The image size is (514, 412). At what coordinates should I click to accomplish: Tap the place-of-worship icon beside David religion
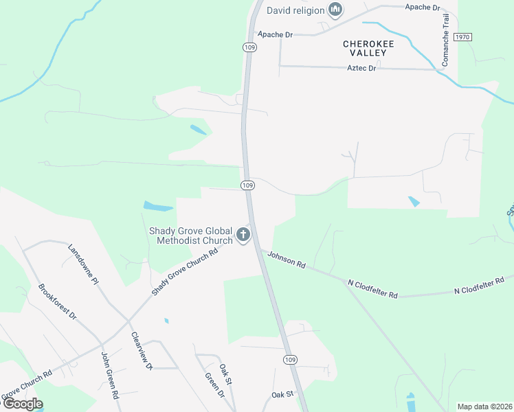pos(335,10)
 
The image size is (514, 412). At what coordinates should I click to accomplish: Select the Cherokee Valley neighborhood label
pos(369,48)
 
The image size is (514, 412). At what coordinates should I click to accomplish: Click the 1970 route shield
pos(462,37)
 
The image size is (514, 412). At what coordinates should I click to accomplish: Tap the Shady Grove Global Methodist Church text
pos(191,236)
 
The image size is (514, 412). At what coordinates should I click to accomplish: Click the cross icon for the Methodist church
pos(243,236)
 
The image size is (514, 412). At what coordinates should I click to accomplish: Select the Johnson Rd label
pos(286,259)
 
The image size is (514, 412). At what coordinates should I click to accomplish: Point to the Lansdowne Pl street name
pos(83,262)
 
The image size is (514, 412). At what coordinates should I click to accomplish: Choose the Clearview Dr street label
pos(142,351)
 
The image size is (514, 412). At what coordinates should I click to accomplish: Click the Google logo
pos(22,404)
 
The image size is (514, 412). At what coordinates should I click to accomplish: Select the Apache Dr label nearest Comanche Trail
pos(422,8)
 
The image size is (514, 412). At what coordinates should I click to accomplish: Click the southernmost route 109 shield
pos(290,360)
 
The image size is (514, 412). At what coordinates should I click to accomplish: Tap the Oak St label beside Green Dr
pos(225,374)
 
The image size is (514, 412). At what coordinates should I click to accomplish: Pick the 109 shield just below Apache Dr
pos(249,47)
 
